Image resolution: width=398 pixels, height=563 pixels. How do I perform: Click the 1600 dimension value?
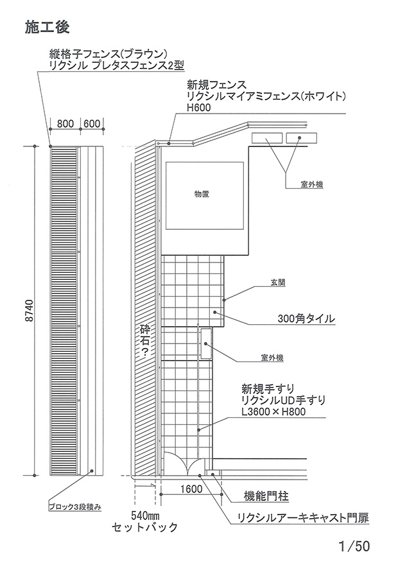[191, 489]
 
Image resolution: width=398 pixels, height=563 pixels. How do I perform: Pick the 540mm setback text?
[144, 515]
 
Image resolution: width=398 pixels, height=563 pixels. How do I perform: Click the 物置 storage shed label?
[205, 194]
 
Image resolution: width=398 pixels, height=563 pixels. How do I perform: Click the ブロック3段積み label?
[75, 507]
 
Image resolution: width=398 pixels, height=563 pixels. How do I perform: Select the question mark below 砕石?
[145, 352]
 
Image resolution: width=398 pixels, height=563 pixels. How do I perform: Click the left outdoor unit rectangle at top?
[266, 137]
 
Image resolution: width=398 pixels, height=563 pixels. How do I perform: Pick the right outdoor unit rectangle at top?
[301, 137]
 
